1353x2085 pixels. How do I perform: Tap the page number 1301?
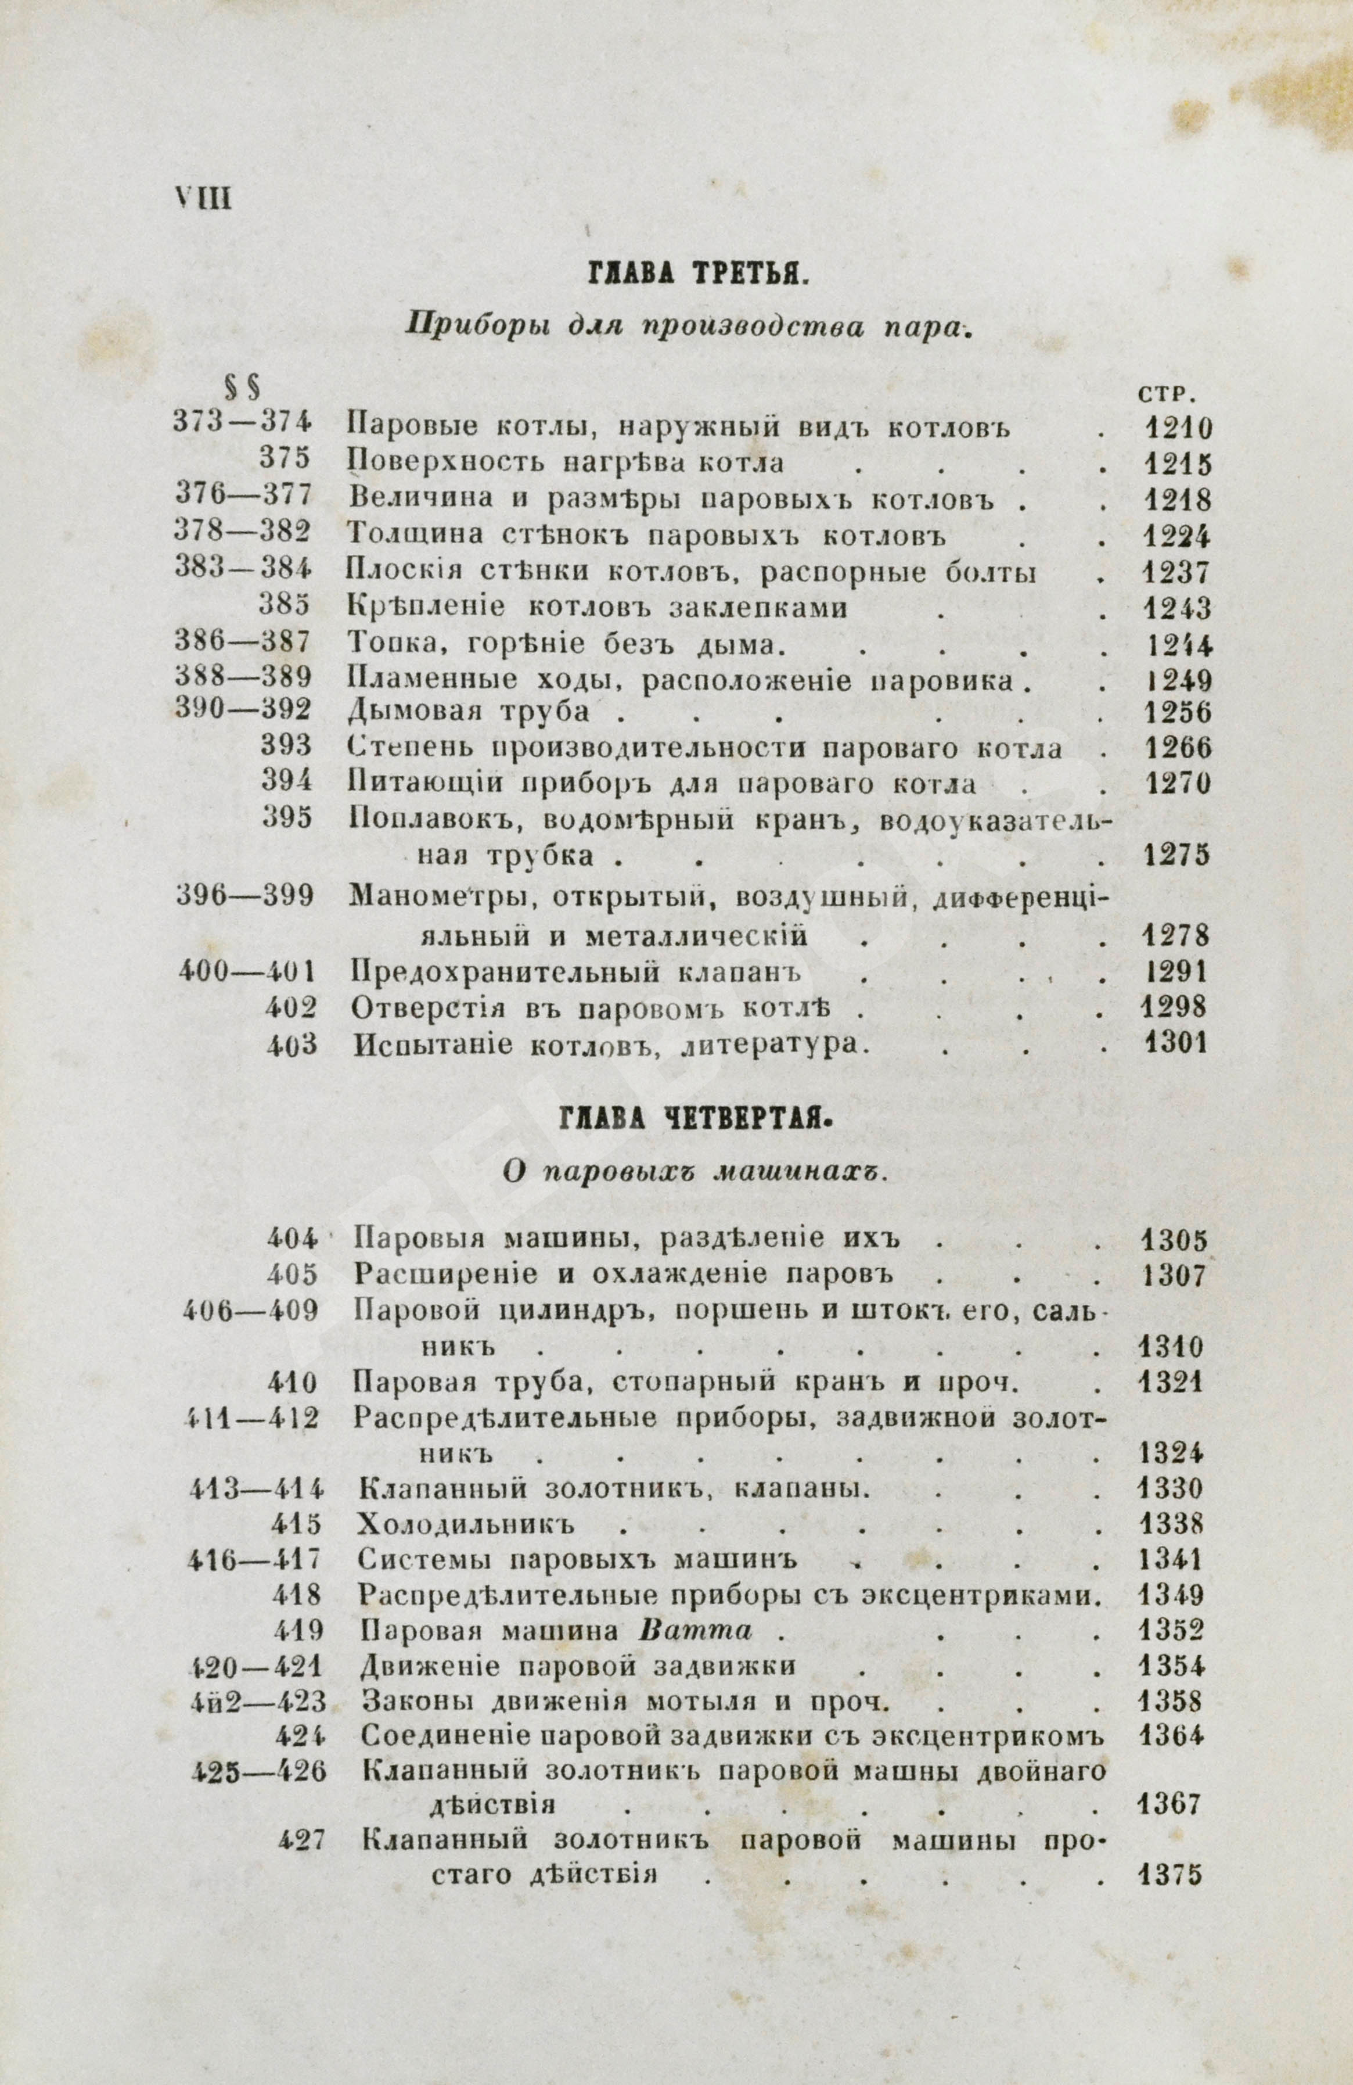coord(1175,1043)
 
